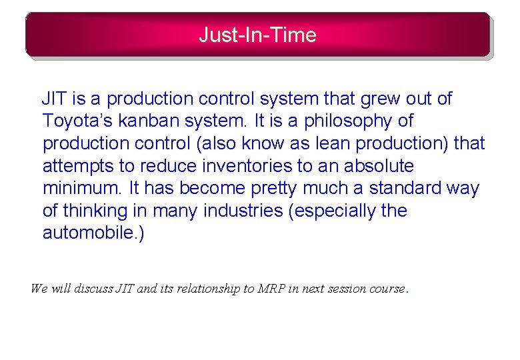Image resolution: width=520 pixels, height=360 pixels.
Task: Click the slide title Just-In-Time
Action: pos(257,35)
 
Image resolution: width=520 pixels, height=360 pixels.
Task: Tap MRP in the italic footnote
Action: pos(269,289)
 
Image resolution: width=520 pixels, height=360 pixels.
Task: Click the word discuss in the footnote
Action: pos(93,289)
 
